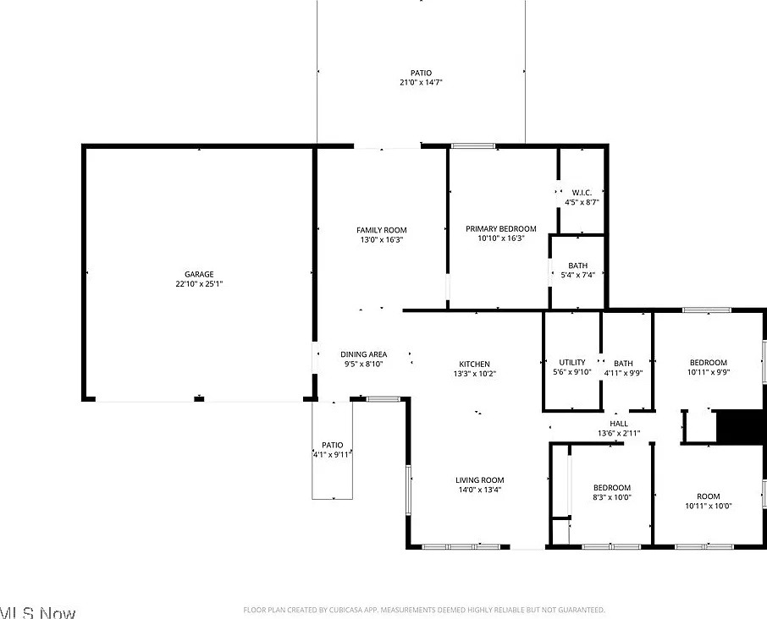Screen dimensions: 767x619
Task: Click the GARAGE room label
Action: [x=199, y=274]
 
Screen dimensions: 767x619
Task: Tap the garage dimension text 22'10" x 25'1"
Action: [x=199, y=284]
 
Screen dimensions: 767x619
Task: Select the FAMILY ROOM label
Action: [x=382, y=230]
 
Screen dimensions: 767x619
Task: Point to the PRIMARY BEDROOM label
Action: [x=501, y=228]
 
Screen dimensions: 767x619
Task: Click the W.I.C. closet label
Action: [x=582, y=193]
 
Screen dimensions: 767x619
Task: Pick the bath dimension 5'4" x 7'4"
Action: [x=577, y=275]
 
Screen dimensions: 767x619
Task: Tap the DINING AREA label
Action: [x=364, y=354]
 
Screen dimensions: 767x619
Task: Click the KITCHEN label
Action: [x=474, y=364]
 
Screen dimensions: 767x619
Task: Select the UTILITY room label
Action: [x=572, y=362]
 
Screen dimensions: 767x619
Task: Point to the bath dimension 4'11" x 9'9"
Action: [x=623, y=373]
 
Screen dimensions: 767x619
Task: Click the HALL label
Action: [x=619, y=424]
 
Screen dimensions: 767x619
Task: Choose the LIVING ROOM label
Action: [x=479, y=480]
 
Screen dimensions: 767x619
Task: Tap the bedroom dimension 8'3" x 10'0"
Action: [x=612, y=497]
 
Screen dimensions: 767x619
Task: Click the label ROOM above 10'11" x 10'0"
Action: [x=709, y=496]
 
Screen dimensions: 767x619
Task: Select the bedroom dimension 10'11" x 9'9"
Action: [x=709, y=372]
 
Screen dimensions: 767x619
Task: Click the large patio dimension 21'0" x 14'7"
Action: [x=421, y=83]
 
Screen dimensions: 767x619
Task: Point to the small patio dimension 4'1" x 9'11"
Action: [x=333, y=455]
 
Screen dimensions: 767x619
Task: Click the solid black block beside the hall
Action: [x=741, y=426]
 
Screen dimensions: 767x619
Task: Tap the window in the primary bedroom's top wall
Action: [x=473, y=145]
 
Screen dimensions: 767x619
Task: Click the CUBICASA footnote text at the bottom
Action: [x=424, y=610]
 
